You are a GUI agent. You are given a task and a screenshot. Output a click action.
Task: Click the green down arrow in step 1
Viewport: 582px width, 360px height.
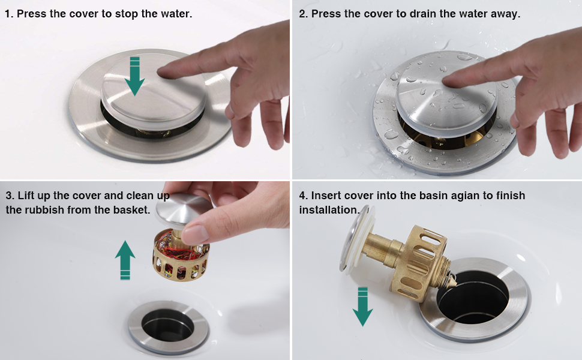(x=134, y=76)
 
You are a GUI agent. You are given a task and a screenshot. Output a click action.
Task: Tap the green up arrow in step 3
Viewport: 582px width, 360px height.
(x=125, y=259)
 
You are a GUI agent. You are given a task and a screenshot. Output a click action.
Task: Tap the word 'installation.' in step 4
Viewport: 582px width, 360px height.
(x=329, y=210)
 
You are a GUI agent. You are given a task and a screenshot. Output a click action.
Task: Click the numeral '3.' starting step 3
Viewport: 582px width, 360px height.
(x=10, y=196)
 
